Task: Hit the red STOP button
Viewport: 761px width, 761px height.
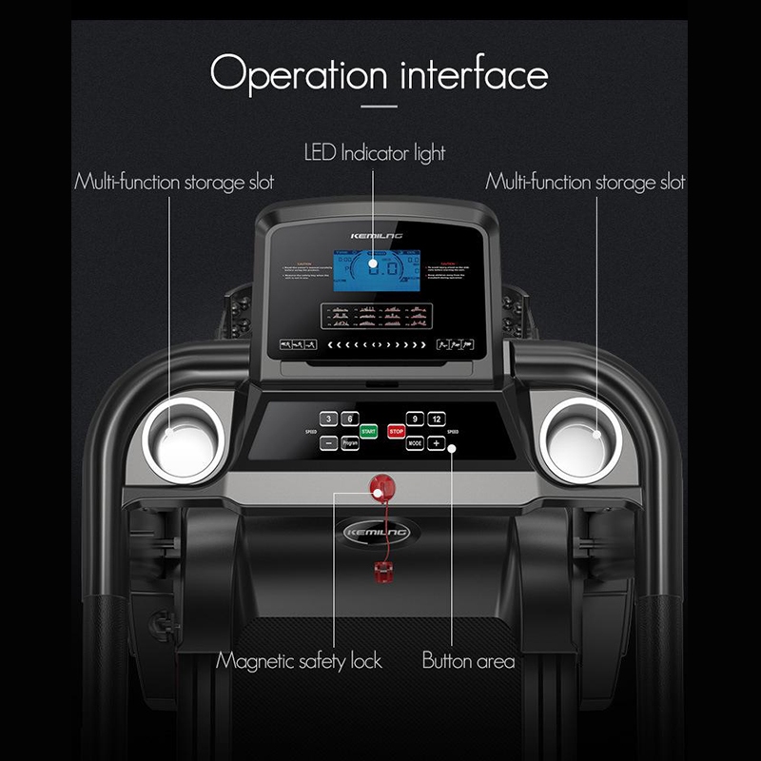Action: coord(397,431)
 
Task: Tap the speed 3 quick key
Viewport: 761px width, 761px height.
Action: coord(328,419)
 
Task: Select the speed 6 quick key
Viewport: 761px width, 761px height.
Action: coord(350,419)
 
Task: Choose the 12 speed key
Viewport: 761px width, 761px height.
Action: coord(437,419)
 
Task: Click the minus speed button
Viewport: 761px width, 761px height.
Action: coord(327,443)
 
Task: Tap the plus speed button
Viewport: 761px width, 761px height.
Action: coord(437,443)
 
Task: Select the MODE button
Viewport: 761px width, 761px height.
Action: coord(415,443)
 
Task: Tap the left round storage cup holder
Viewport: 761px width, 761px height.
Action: coord(183,439)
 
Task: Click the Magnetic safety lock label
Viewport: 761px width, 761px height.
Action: coord(299,660)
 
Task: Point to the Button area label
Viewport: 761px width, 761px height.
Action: coord(468,660)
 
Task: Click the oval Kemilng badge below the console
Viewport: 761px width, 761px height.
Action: coord(379,533)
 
